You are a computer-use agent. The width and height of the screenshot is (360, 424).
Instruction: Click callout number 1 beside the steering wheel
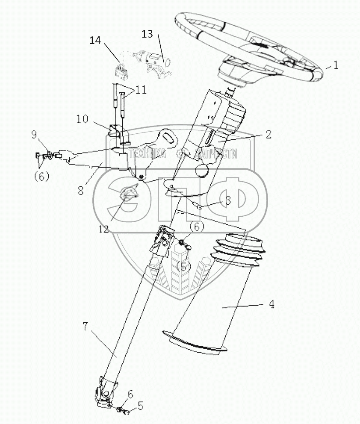336,65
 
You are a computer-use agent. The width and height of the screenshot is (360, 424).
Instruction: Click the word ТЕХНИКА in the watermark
147,153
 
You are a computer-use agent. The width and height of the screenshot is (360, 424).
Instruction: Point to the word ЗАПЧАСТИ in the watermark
216,153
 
